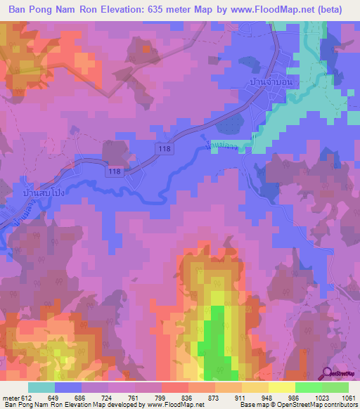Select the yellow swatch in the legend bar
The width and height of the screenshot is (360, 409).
281,387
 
